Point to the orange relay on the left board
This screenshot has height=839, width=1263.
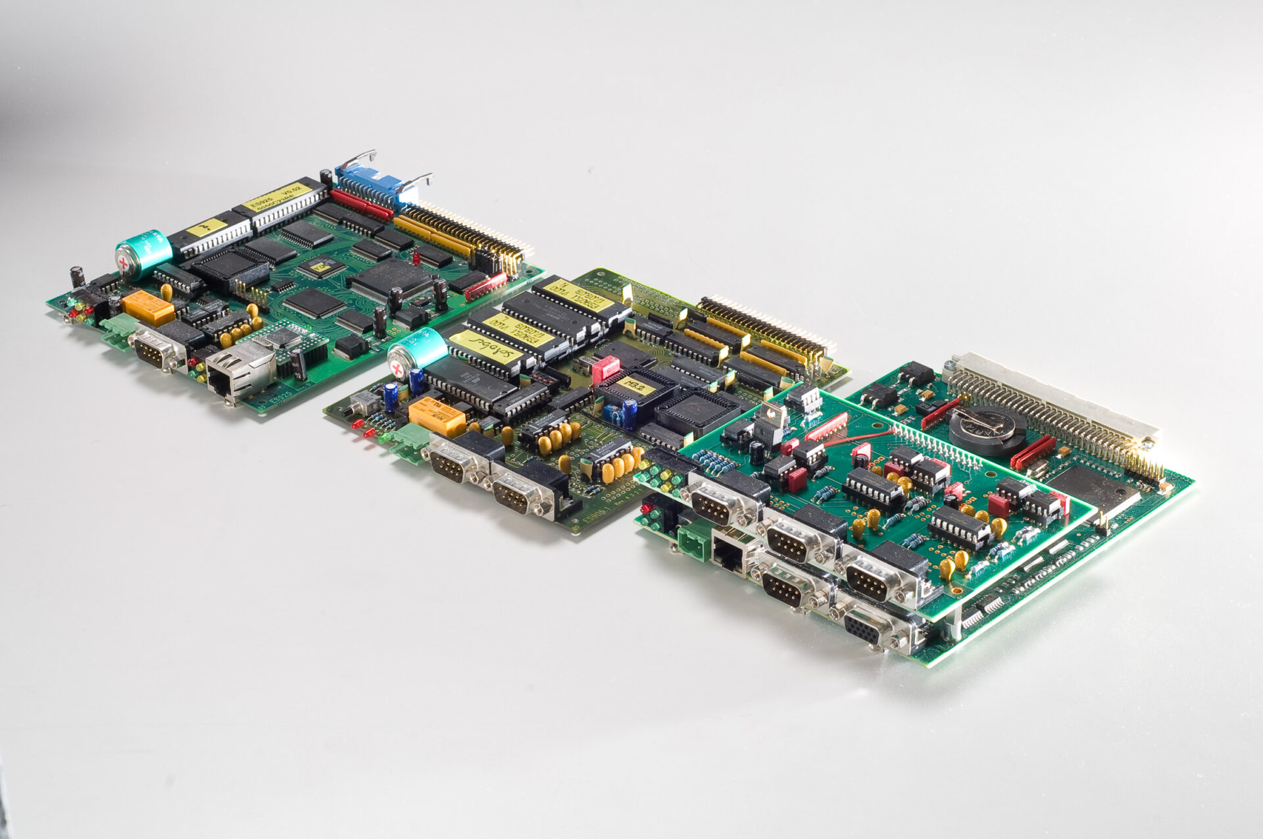148,307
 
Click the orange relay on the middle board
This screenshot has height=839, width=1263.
437,417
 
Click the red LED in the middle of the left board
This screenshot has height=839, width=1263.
416,255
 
